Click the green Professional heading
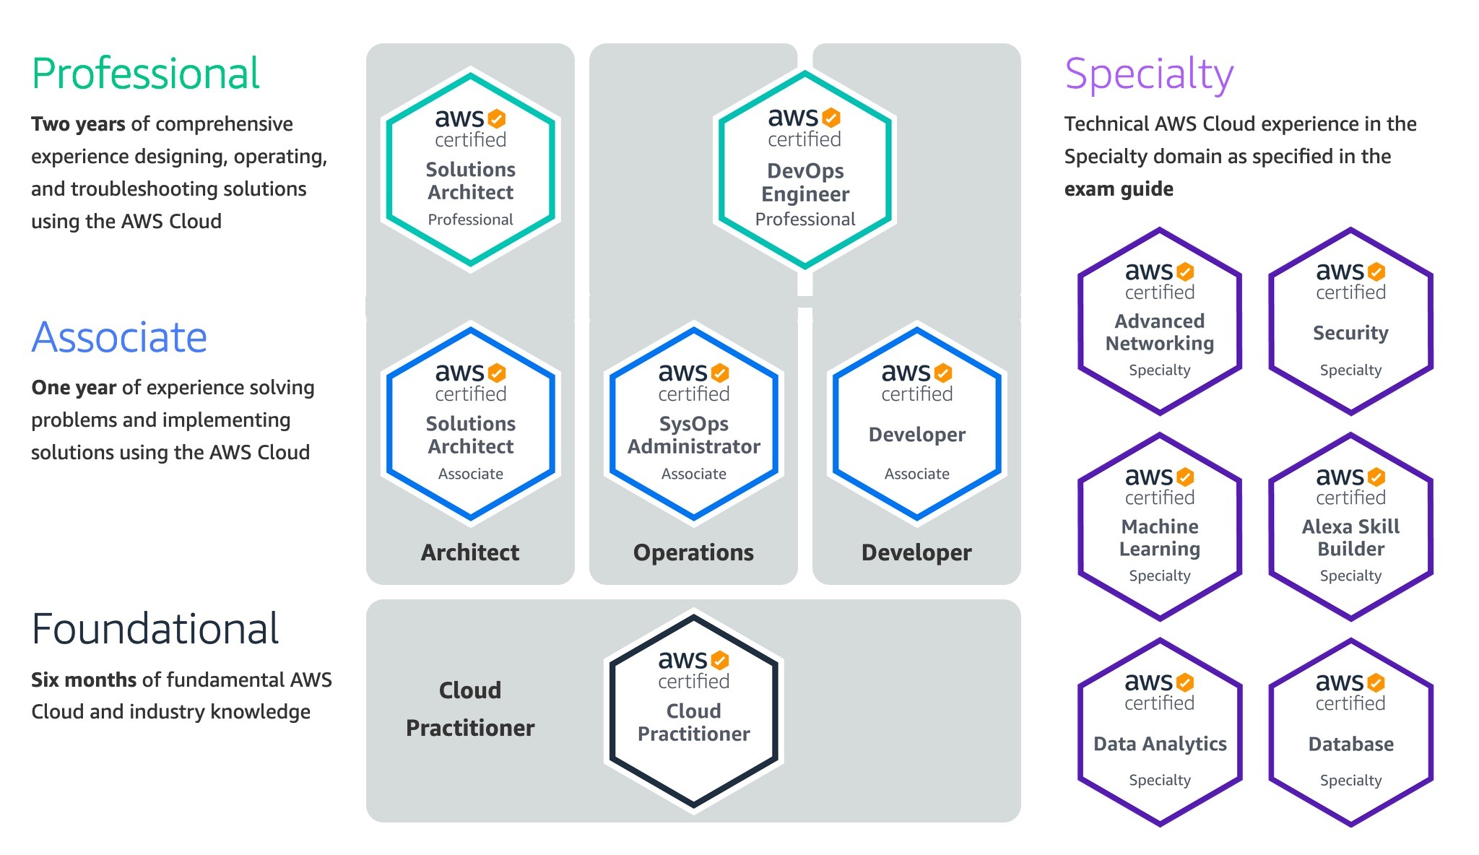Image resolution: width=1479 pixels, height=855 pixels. coord(145,74)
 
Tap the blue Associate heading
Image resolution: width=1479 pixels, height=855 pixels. coord(119,337)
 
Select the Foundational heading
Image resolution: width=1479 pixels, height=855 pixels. coord(155,628)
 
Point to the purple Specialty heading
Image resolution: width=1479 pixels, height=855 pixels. coord(1149,75)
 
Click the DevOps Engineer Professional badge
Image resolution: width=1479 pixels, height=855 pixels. coord(804,170)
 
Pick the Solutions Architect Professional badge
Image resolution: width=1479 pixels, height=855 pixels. coord(471,170)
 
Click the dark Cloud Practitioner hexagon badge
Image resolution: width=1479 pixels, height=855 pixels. coord(694,711)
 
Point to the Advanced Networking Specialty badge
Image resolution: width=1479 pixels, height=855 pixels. coord(1160,321)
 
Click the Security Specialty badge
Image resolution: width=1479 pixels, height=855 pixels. coord(1351,321)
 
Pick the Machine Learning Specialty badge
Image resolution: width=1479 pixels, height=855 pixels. coord(1160,526)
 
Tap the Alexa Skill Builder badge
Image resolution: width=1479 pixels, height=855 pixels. coord(1351,526)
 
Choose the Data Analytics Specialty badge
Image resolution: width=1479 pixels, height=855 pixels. coord(1160,732)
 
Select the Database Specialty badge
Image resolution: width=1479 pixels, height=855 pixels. coord(1351,732)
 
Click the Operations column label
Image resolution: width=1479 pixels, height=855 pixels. coord(693,552)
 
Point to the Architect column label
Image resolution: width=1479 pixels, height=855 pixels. coord(470,552)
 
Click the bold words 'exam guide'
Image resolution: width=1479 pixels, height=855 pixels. coord(1119,189)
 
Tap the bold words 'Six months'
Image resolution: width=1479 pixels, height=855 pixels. coord(84,680)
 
